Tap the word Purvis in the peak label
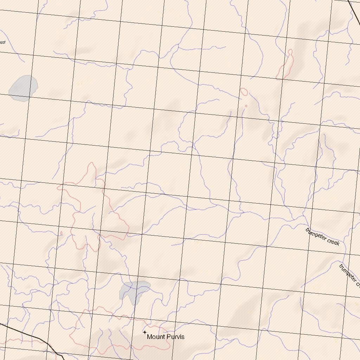click(x=175, y=337)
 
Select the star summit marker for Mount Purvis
click(x=144, y=332)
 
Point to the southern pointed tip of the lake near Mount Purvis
click(x=133, y=304)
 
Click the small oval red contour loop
click(x=244, y=92)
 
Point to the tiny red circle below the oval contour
click(x=246, y=106)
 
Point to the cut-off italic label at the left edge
click(x=2, y=43)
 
